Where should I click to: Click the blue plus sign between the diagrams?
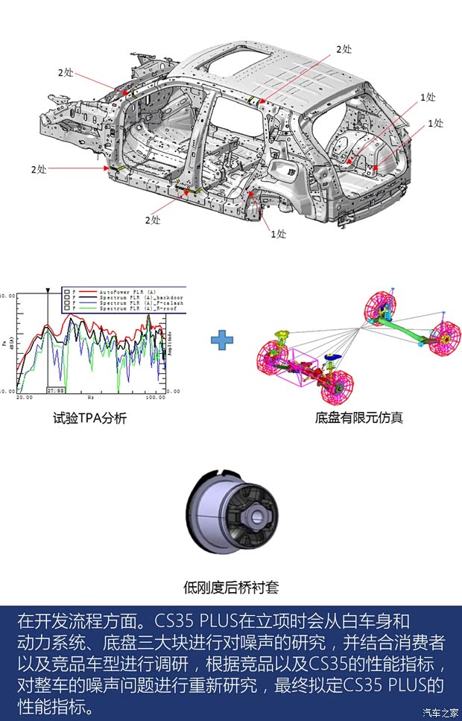(221, 340)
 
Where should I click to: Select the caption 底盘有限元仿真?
(359, 417)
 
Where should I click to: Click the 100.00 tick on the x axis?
(155, 398)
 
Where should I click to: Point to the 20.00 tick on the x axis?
(25, 398)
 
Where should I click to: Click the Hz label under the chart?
(90, 398)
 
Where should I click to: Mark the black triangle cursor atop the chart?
(48, 290)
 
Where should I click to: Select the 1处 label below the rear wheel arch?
(278, 234)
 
